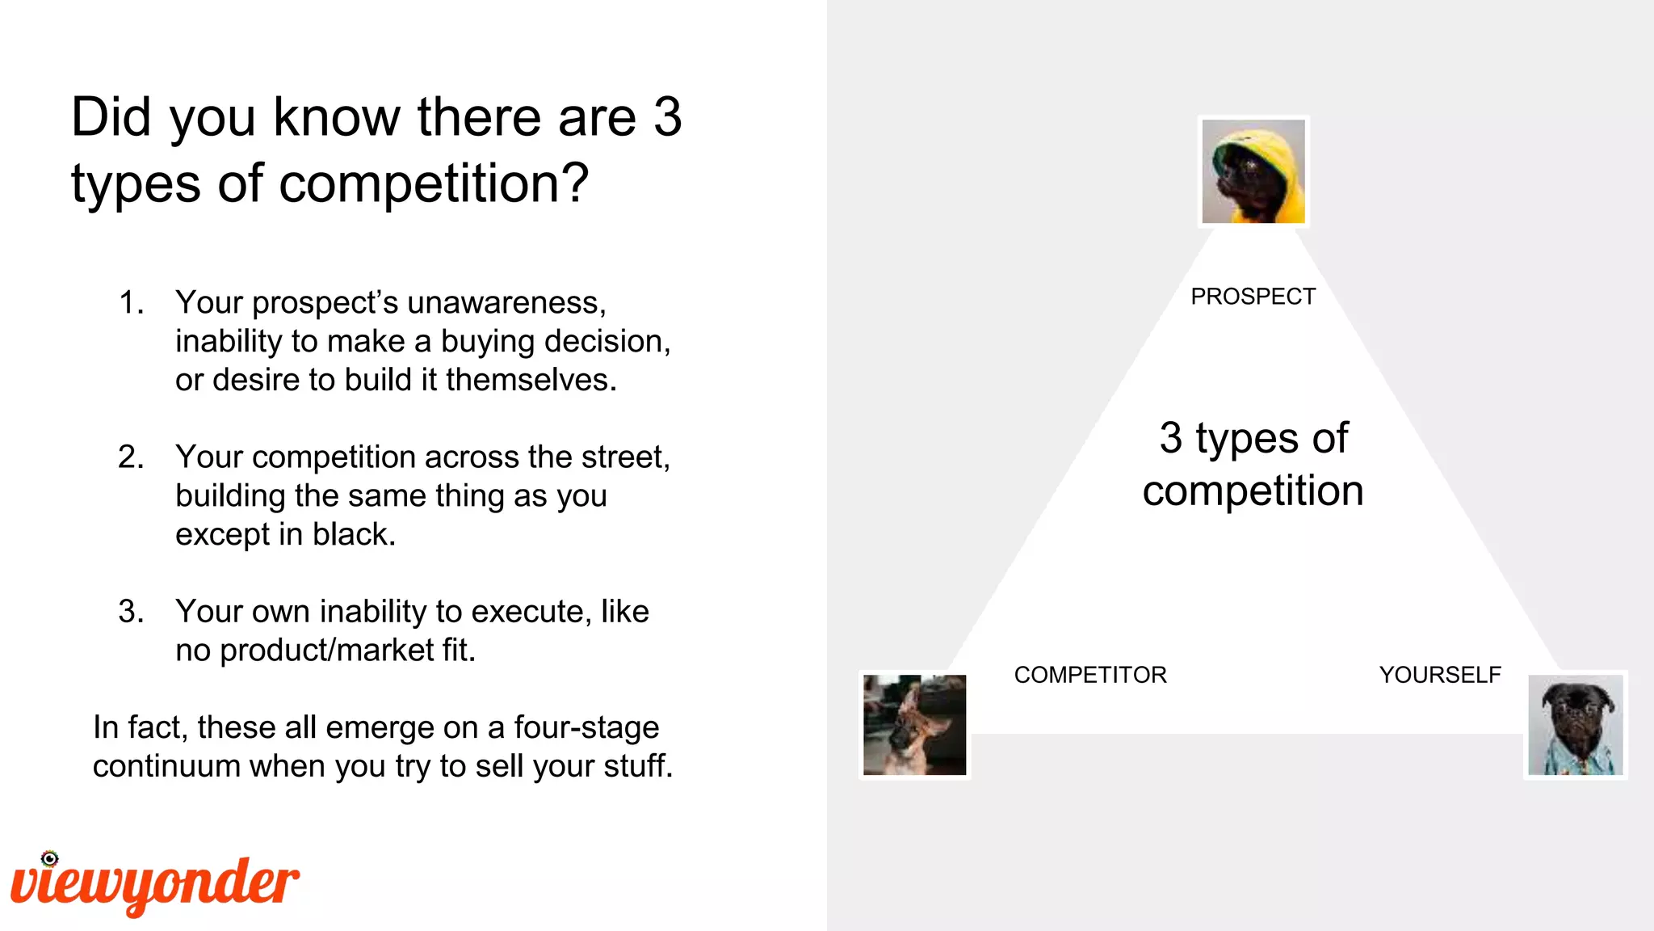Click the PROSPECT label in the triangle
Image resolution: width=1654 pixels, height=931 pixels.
[1253, 297]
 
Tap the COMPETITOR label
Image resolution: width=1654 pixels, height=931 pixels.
[1090, 675]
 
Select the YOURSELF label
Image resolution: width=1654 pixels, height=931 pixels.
[1439, 675]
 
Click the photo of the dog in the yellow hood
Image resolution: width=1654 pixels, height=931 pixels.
[1253, 171]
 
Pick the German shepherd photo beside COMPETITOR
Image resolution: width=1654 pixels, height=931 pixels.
[914, 725]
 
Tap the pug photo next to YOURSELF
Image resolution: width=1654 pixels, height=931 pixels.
[1575, 725]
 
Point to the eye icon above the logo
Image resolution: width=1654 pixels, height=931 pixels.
[50, 858]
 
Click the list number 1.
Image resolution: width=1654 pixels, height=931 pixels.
[130, 303]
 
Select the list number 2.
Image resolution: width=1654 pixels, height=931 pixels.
[130, 457]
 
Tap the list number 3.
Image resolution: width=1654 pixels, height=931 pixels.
[130, 612]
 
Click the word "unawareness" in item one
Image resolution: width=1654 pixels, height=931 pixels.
[506, 303]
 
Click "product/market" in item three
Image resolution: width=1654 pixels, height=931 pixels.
[327, 651]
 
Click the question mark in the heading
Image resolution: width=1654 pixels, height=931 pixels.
[576, 183]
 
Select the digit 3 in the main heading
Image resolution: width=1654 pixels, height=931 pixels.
[668, 117]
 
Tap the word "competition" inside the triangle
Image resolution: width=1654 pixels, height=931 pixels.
[1253, 491]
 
